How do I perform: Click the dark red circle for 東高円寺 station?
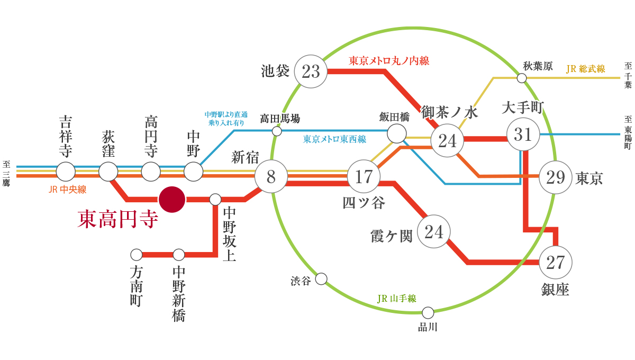pos(172,200)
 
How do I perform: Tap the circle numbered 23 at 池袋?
pos(311,71)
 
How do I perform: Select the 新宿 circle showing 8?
pos(271,176)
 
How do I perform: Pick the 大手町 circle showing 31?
pos(523,134)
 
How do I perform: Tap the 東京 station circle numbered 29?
pos(556,177)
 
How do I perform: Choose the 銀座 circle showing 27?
pos(556,262)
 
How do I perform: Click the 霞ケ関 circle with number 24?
pos(434,231)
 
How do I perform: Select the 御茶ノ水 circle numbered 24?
pos(447,140)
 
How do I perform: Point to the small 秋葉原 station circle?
pos(522,78)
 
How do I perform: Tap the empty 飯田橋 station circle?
pos(396,133)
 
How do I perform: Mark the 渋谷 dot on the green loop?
pos(321,279)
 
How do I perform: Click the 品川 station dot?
pos(428,313)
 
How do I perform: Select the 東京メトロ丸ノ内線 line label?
pos(389,61)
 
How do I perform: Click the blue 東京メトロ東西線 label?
pos(334,140)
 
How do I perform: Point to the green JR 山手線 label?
pos(396,299)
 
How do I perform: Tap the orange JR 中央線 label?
pos(67,189)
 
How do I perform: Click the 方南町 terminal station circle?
pos(137,255)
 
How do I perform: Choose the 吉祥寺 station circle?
pos(66,172)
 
